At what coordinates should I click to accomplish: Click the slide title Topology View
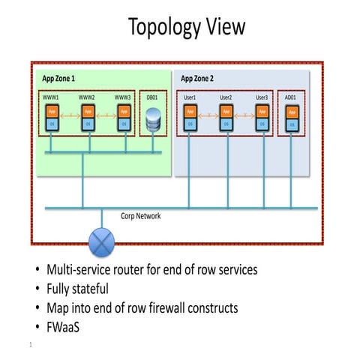[186, 27]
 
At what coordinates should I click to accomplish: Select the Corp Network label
[140, 216]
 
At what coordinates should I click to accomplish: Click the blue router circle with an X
[101, 243]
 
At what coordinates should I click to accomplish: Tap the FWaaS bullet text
[66, 326]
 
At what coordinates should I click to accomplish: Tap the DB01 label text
[152, 97]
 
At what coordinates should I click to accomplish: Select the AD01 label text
[291, 97]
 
